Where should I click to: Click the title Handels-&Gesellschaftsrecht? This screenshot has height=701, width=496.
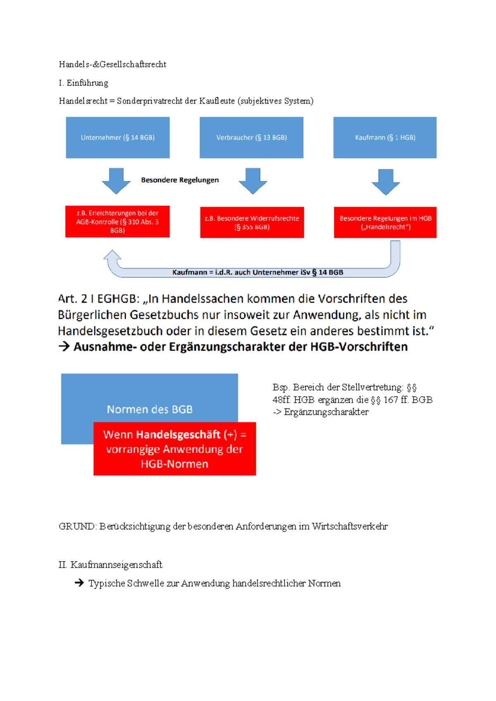112,64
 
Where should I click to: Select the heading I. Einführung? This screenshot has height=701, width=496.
83,83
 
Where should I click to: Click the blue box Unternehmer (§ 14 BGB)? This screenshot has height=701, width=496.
118,138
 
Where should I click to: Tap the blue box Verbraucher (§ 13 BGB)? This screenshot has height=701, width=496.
251,138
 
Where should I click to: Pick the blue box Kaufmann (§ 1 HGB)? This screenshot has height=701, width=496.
385,138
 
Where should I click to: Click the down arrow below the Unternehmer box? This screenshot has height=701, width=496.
116,181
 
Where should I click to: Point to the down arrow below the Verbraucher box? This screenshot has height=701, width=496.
253,181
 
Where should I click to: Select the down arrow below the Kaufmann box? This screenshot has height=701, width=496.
386,182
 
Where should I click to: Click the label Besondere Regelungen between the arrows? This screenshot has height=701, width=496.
180,180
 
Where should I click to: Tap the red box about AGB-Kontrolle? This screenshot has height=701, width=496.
117,222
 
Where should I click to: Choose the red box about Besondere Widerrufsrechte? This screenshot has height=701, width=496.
252,222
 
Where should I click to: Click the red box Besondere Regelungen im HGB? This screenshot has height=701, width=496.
385,222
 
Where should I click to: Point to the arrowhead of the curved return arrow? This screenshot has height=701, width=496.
112,255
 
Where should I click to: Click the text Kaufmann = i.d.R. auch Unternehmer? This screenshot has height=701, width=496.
258,272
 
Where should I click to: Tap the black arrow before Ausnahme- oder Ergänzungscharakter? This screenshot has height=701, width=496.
64,346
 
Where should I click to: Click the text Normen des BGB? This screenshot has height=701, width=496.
150,409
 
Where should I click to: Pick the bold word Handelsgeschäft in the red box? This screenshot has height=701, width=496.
178,435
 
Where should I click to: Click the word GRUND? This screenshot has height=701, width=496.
77,527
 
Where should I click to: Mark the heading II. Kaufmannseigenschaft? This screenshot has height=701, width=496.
110,565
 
